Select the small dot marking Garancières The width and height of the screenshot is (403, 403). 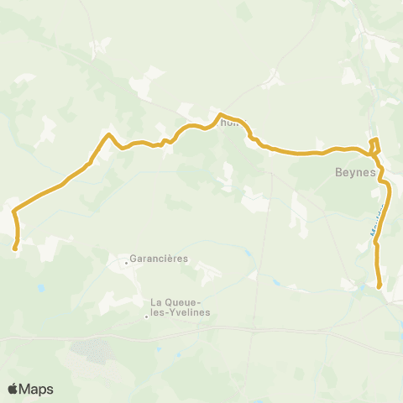[x=127, y=262]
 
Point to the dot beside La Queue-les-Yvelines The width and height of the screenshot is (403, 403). [x=146, y=317]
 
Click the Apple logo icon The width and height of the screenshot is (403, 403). [x=14, y=389]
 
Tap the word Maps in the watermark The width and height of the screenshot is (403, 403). [x=38, y=389]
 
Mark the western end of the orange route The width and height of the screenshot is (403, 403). [x=15, y=247]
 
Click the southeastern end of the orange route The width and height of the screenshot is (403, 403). [x=380, y=286]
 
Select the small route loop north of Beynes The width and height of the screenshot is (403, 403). [x=375, y=144]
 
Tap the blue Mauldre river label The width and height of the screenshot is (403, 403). [x=379, y=220]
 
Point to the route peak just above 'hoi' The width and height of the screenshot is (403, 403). [x=220, y=114]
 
